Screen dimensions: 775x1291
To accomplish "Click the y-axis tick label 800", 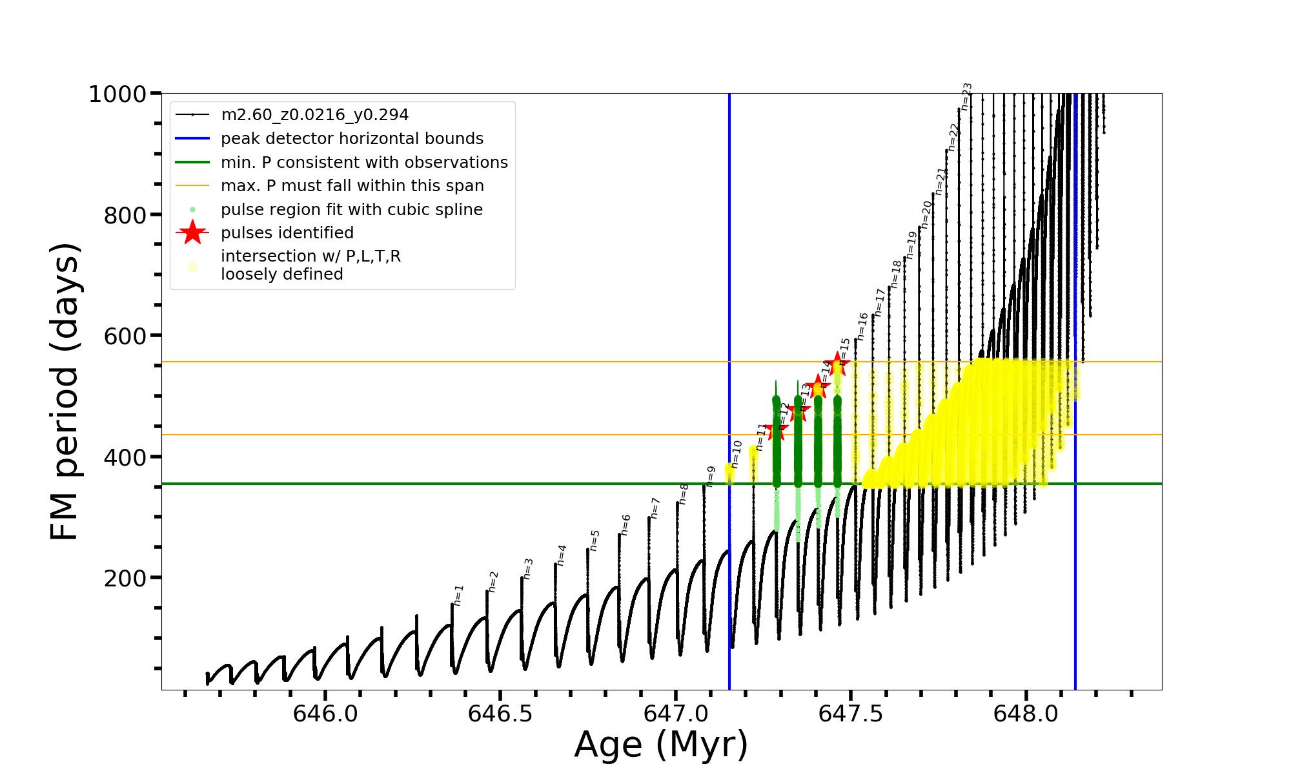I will (125, 215).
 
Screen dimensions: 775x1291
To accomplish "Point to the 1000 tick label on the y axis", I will (117, 94).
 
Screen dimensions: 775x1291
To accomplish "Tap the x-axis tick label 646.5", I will (500, 714).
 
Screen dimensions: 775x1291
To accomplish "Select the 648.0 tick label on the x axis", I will (1026, 714).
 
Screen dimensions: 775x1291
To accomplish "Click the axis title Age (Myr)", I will (661, 745).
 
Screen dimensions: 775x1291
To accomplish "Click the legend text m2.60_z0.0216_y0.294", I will (314, 115).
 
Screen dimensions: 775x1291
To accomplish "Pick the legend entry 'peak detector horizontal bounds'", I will (352, 139).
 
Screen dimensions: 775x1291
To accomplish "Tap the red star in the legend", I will (192, 232).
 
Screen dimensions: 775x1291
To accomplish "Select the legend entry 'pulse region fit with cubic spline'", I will (351, 210).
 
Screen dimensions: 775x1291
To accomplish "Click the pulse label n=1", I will (458, 595).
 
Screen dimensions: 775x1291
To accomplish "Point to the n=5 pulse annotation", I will (595, 541).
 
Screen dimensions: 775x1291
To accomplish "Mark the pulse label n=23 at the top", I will (966, 96).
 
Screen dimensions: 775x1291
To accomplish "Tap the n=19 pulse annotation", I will (911, 245).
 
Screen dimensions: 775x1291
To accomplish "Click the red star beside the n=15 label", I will (837, 364).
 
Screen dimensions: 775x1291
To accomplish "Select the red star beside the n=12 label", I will (777, 428).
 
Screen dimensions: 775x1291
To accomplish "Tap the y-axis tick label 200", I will (125, 578).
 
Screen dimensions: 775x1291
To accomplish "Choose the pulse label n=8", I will (684, 494).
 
